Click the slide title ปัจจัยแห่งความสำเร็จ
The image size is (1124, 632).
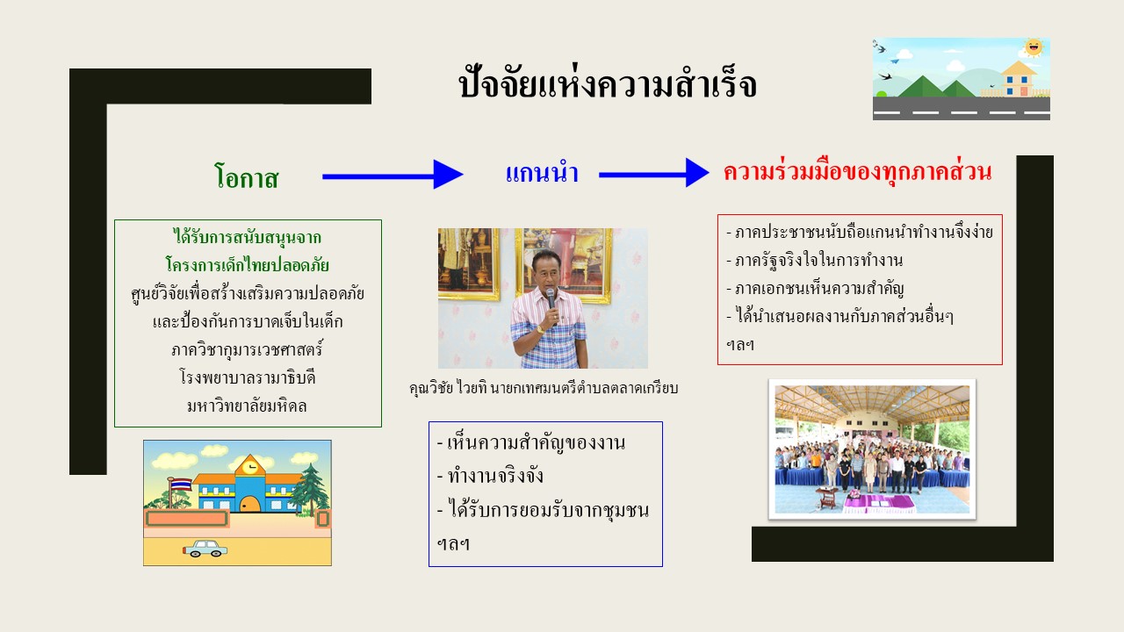608,83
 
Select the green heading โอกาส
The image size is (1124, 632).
247,176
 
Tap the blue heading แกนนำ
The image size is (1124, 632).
542,171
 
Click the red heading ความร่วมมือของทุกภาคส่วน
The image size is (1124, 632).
858,171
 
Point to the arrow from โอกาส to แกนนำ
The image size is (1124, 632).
393,175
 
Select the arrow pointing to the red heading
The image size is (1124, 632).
654,173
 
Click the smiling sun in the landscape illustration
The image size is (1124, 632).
1034,47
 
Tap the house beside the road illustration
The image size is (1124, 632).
1019,79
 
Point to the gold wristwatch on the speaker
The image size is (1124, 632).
540,329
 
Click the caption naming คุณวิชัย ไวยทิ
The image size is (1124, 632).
544,388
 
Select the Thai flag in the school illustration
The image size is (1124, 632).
181,485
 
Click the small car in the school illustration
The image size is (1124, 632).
205,549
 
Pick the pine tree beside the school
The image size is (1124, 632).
311,489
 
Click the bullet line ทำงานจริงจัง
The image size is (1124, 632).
490,476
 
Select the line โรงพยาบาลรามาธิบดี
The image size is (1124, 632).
248,377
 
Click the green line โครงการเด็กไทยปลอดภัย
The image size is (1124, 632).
248,264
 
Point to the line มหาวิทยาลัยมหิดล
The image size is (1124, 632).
247,406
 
